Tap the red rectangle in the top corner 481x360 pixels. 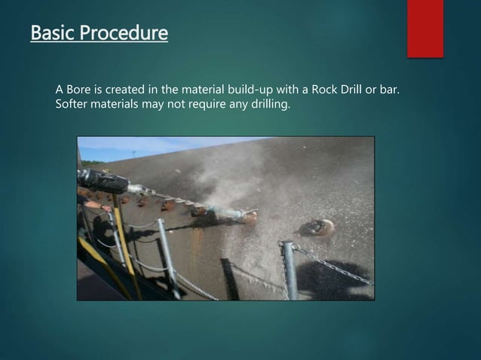tap(425, 28)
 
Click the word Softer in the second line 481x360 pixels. tap(73, 104)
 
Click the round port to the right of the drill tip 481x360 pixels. tap(317, 227)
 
